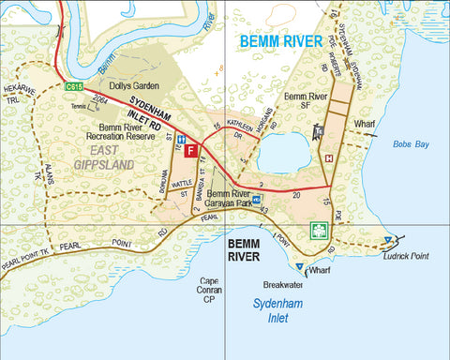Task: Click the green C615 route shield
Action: (x=75, y=86)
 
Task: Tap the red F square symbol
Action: (x=191, y=150)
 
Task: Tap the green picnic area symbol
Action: (x=318, y=230)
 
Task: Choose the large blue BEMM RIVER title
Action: (x=280, y=41)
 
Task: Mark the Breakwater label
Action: (x=282, y=284)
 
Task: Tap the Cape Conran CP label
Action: (x=210, y=287)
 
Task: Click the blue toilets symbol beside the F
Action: (x=181, y=139)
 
